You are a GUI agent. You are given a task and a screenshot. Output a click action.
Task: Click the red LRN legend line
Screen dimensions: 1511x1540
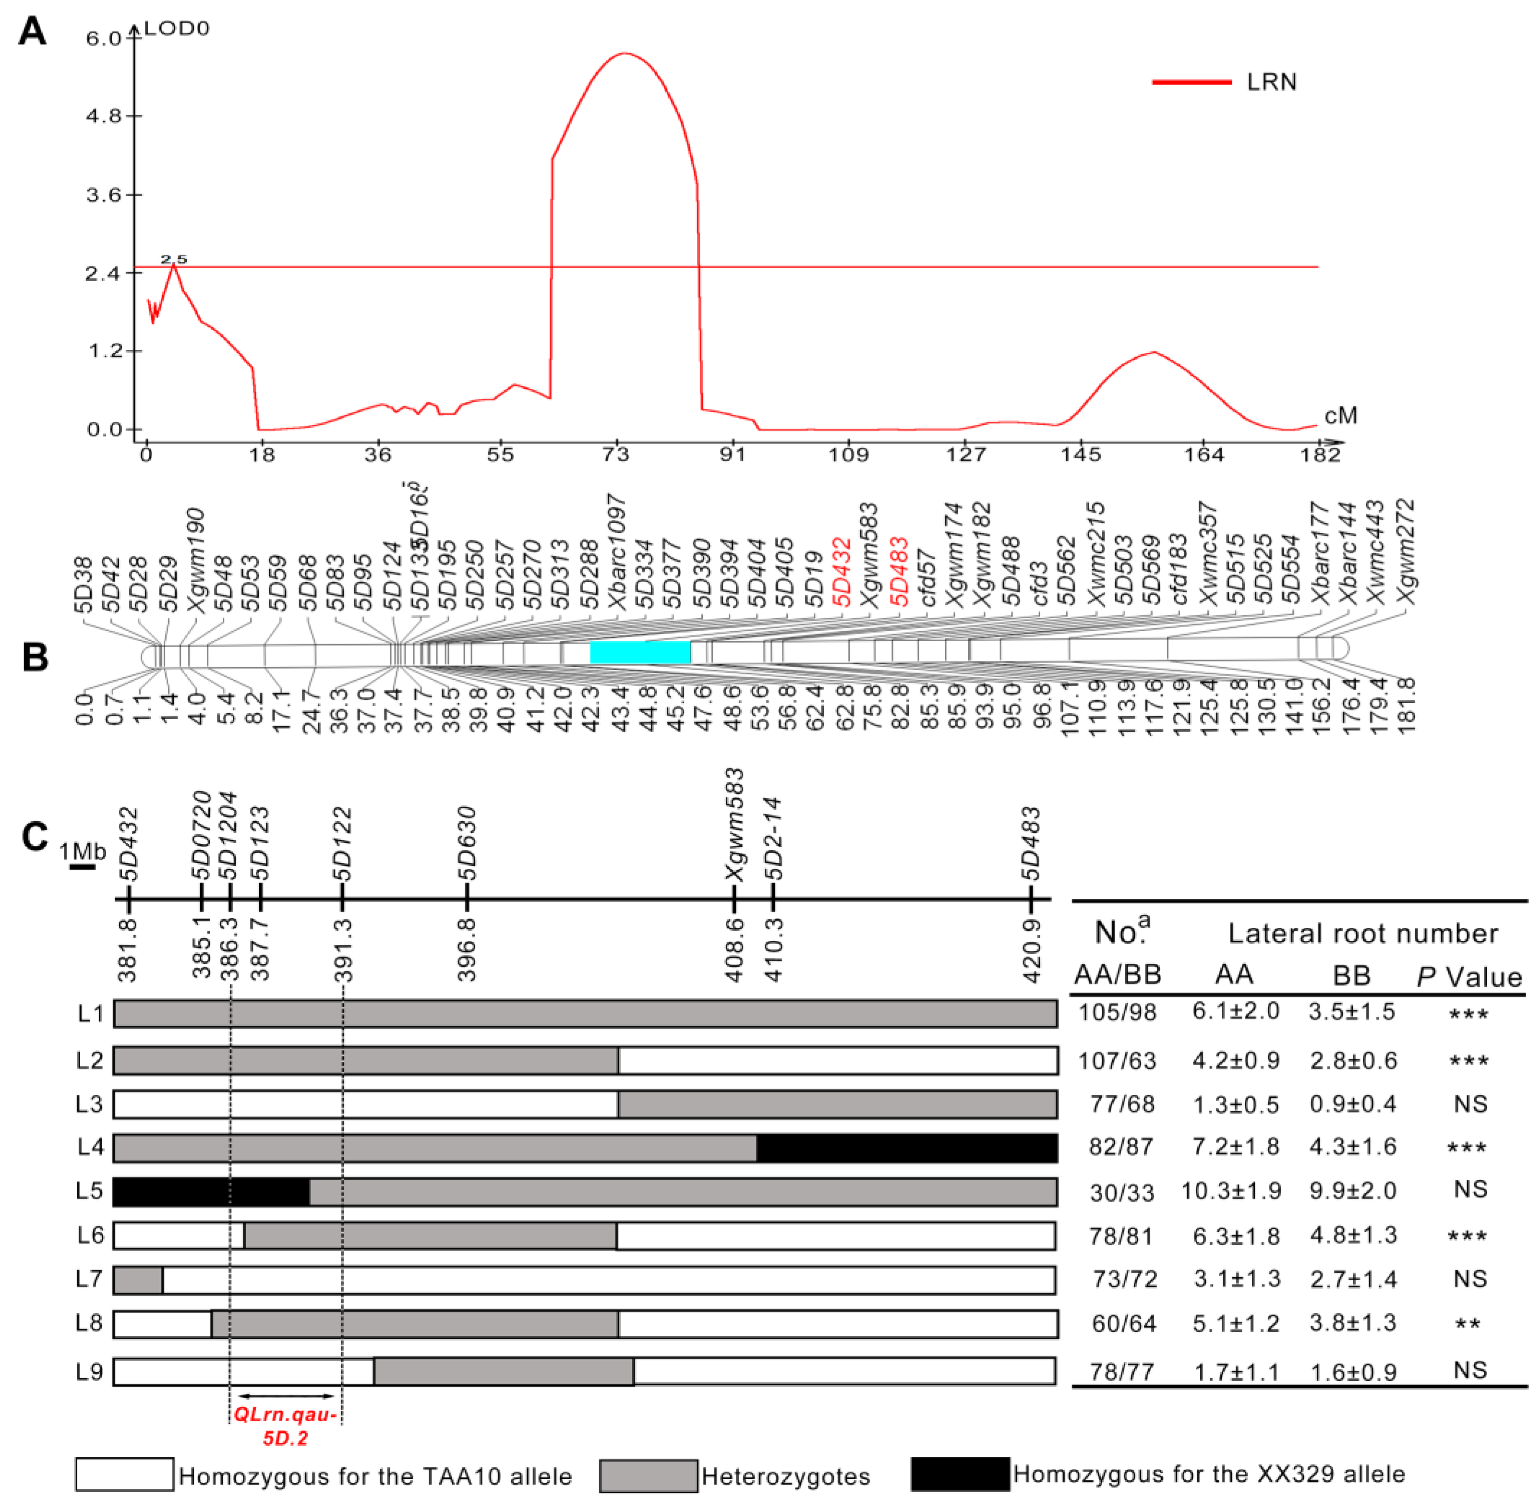click(1191, 82)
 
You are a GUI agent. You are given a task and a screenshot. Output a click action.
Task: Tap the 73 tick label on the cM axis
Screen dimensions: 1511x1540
click(616, 455)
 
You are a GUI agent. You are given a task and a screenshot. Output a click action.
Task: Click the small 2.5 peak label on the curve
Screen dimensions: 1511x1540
click(174, 260)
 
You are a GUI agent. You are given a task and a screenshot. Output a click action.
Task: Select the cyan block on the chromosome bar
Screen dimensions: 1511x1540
click(640, 651)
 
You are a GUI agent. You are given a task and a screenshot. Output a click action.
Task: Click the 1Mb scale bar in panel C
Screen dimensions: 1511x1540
click(83, 867)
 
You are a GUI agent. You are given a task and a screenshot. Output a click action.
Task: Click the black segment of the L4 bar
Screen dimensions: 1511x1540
click(906, 1148)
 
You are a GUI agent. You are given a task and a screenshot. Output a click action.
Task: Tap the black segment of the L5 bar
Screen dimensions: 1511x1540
click(211, 1192)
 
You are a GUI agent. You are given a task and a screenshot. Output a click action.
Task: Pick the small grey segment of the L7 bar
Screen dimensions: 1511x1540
click(138, 1280)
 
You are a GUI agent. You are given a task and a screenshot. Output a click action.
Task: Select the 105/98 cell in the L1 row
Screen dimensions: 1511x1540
click(1117, 1013)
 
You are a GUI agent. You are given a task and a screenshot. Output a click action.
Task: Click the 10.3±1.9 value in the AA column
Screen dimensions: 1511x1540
click(1231, 1191)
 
